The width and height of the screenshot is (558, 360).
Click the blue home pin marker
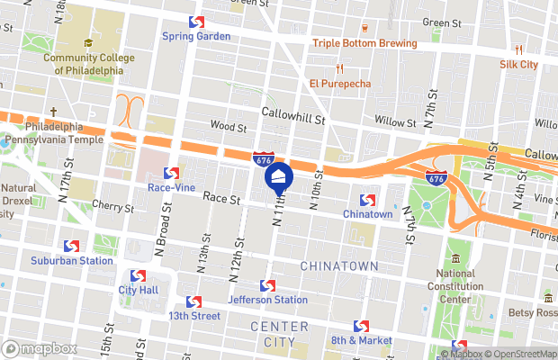279,176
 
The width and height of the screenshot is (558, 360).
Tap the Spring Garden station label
196,36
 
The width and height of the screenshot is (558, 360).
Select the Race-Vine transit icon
170,173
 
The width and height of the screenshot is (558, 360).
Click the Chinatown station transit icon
367,199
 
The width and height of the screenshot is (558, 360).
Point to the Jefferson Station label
267,300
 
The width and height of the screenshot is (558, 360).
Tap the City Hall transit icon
138,275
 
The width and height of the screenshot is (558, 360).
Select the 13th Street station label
193,316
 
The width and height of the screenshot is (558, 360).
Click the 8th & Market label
361,340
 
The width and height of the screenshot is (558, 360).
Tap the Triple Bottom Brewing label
364,43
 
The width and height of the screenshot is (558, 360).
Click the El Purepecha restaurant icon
340,68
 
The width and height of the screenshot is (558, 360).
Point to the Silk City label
518,64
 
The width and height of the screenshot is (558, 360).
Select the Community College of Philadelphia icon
88,42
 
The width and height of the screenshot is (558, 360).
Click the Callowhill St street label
293,113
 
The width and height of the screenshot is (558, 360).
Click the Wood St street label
228,125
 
